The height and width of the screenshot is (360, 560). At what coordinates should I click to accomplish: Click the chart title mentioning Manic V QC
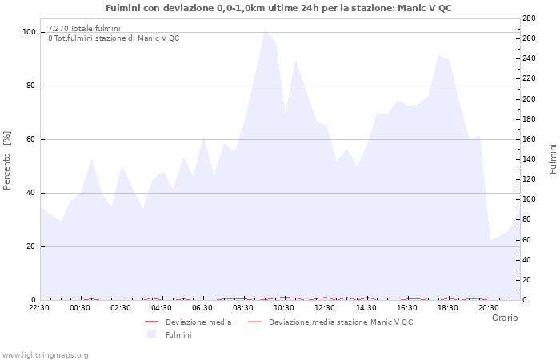click(x=278, y=7)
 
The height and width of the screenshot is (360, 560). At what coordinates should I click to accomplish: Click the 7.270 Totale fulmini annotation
click(x=84, y=28)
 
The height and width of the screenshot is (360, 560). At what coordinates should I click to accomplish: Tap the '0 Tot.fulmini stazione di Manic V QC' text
click(x=114, y=38)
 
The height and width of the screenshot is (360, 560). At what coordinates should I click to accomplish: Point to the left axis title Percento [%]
click(x=7, y=160)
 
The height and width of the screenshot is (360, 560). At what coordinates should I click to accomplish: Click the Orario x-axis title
click(x=504, y=318)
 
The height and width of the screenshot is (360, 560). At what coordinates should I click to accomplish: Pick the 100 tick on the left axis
click(x=29, y=32)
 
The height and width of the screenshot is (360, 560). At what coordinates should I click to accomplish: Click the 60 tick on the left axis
click(x=31, y=139)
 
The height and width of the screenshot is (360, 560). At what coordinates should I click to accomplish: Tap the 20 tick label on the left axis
click(x=31, y=246)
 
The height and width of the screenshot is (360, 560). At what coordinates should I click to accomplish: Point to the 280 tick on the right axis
click(x=530, y=18)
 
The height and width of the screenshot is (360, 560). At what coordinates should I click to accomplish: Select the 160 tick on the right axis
click(x=530, y=139)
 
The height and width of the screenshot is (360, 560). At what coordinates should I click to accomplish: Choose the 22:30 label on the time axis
click(x=39, y=307)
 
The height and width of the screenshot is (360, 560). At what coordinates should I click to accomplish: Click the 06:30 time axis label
click(x=202, y=307)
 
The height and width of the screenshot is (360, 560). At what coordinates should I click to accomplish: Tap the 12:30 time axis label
click(x=325, y=307)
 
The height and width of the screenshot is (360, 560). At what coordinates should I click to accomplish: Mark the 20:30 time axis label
click(x=488, y=307)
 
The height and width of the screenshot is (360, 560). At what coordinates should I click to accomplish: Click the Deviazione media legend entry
click(x=198, y=322)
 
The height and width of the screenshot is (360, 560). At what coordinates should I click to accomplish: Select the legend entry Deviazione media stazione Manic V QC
click(x=341, y=322)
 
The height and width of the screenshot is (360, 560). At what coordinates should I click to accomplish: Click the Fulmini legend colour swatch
click(x=151, y=334)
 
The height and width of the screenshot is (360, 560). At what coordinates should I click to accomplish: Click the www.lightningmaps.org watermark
click(x=45, y=354)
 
